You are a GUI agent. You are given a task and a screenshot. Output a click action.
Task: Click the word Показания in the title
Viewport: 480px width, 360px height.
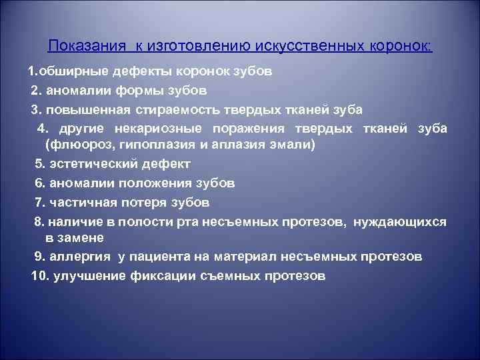(87, 46)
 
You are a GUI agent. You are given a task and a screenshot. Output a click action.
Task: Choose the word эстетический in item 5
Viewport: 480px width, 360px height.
(93, 164)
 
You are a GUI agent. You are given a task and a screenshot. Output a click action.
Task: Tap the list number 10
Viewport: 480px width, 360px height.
(38, 275)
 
